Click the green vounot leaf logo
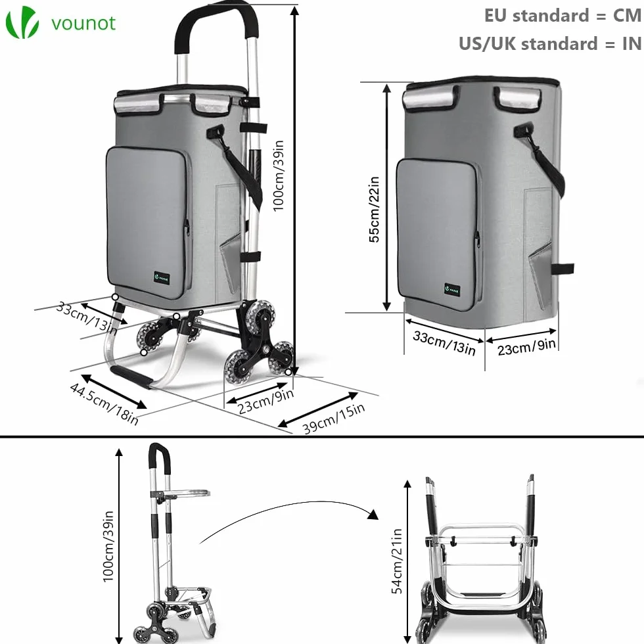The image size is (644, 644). click(22, 22)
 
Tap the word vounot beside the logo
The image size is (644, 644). click(83, 23)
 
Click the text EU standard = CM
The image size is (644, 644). click(563, 16)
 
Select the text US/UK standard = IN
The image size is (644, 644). click(550, 43)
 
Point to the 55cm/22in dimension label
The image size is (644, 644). click(374, 210)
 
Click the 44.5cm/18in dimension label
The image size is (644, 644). click(104, 403)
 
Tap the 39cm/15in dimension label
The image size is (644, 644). click(334, 419)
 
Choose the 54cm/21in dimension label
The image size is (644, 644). click(397, 561)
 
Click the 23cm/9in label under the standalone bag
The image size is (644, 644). click(526, 347)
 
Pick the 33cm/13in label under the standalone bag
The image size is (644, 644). click(444, 342)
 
